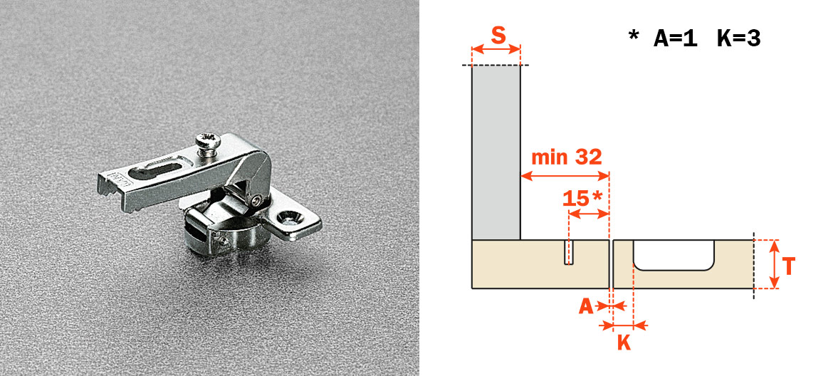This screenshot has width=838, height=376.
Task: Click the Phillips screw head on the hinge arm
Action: coord(208,142)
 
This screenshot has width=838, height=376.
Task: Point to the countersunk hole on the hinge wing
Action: coord(291,217)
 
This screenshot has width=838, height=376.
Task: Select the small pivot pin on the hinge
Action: coord(256,201)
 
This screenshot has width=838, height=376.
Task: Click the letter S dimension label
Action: coord(498,36)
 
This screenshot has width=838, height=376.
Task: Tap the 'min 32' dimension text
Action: coord(567,157)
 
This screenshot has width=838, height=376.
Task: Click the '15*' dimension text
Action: coord(583,198)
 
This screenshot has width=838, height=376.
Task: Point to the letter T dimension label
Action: coord(787,266)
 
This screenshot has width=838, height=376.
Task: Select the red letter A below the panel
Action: coord(586,306)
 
